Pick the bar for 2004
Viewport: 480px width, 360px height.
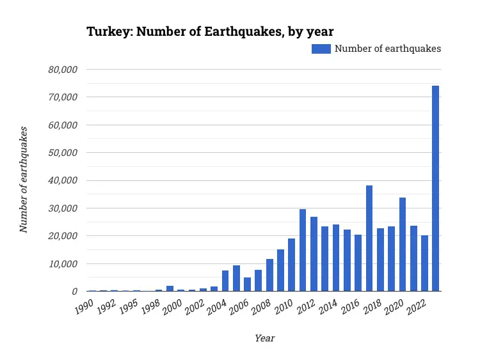[225, 281]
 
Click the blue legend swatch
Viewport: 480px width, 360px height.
[321, 49]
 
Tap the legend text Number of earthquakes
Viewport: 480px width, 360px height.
[388, 49]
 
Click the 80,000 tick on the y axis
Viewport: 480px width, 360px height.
[63, 69]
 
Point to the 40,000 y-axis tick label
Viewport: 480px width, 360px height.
[63, 180]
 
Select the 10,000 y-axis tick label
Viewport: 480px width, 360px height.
[63, 263]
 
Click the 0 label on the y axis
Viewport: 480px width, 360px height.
[75, 292]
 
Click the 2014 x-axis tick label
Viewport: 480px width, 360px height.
[329, 307]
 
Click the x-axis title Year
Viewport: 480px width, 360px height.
[264, 338]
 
